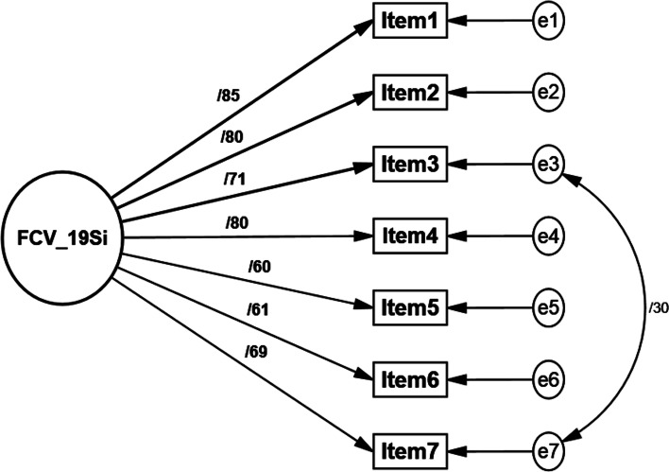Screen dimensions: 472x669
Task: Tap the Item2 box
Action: (x=408, y=92)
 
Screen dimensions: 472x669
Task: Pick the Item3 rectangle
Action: (x=408, y=163)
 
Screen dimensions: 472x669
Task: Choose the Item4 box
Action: (x=408, y=235)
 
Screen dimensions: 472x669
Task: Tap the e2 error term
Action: (x=549, y=92)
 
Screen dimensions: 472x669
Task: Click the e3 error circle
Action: (x=549, y=163)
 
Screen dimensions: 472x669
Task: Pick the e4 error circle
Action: (x=549, y=235)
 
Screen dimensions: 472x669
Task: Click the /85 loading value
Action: (x=229, y=94)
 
